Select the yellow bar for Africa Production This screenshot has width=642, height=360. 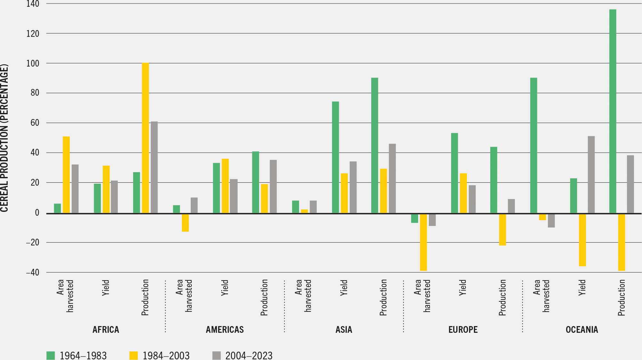click(x=145, y=138)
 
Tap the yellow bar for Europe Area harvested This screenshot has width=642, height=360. click(x=423, y=242)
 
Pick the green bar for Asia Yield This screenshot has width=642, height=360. click(x=335, y=157)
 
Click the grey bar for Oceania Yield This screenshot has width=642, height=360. click(x=591, y=174)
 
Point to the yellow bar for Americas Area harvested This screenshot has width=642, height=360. click(x=185, y=222)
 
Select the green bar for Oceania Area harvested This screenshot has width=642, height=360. click(x=533, y=145)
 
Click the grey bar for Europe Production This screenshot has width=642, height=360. click(x=511, y=206)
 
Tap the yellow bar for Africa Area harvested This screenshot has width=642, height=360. click(x=66, y=175)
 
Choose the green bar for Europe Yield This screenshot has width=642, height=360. click(x=454, y=173)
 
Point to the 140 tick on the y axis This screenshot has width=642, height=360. click(x=33, y=4)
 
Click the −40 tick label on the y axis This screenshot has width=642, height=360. click(x=33, y=272)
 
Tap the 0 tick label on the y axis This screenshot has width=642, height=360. click(x=37, y=212)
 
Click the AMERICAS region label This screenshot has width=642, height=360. click(x=225, y=330)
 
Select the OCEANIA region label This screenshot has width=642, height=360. click(x=582, y=330)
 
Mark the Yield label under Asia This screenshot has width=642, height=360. click(x=344, y=288)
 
